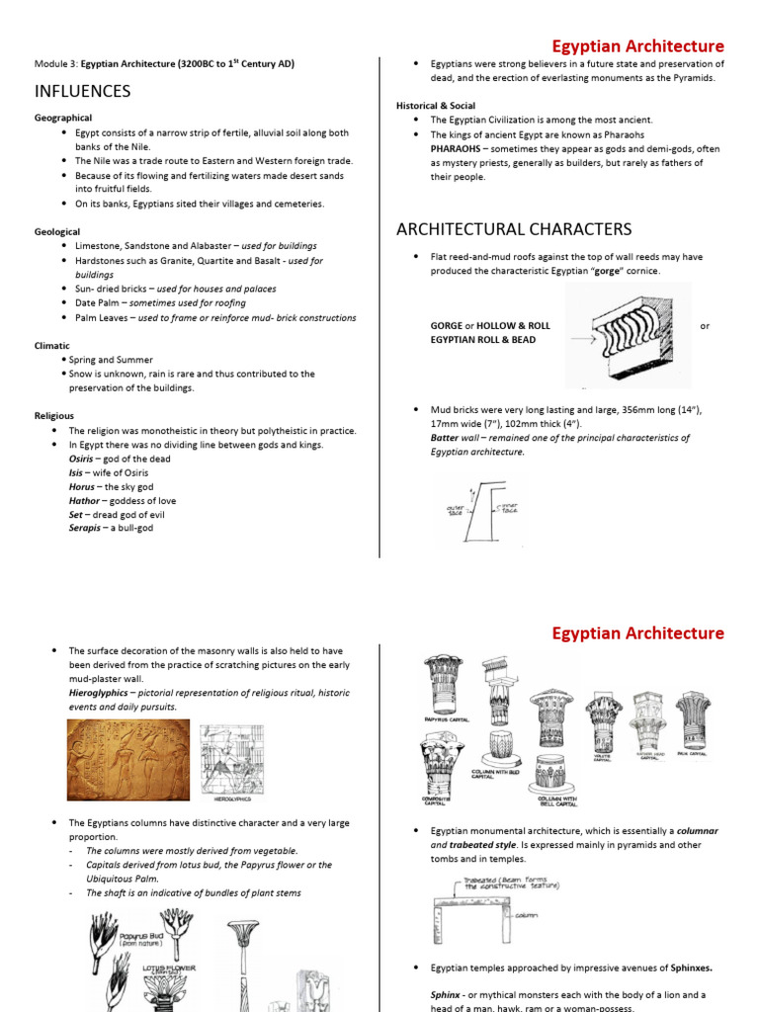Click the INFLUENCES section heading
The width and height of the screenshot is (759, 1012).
tap(82, 92)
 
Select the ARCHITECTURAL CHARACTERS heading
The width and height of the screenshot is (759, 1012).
tap(514, 229)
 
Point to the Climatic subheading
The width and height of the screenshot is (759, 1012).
tap(52, 346)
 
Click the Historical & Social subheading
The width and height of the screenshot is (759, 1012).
tap(436, 106)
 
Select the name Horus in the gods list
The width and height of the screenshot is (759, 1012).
tap(82, 487)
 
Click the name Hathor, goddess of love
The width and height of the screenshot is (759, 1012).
tap(86, 501)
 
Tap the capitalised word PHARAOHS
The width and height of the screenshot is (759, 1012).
tap(462, 148)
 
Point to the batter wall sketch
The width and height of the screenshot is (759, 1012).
tap(484, 512)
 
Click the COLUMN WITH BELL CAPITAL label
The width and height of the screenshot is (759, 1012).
tap(557, 801)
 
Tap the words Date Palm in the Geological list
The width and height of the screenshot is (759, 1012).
tap(98, 303)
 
